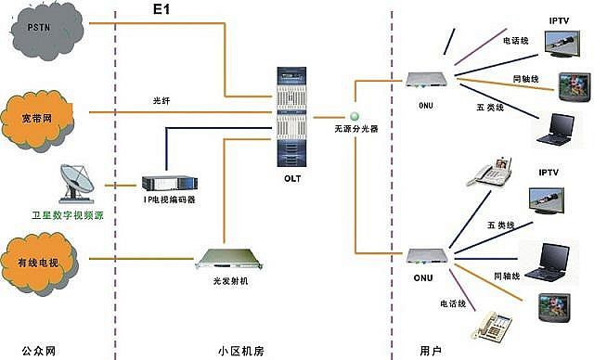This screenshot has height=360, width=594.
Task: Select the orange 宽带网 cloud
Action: point(43,115)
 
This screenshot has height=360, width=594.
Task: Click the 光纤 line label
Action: point(163,100)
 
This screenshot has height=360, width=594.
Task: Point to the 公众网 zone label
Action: point(43,350)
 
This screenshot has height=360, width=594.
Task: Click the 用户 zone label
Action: point(430,350)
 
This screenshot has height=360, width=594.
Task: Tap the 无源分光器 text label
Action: point(356,131)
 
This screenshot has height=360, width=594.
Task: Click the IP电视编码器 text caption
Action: point(170,200)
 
